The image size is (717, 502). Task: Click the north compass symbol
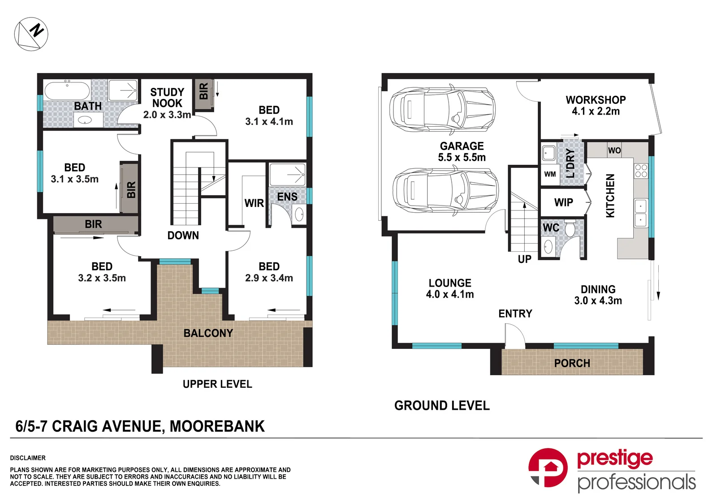click(31, 34)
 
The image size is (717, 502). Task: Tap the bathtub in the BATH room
click(67, 91)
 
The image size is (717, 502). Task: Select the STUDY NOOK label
click(167, 98)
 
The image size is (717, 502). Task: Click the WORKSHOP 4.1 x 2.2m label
click(596, 105)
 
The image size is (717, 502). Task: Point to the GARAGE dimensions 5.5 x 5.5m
click(462, 158)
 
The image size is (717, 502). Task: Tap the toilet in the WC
click(570, 228)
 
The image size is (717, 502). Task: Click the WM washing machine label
click(550, 174)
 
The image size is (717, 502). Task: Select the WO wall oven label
click(614, 150)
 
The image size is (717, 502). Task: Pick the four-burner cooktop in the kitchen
click(641, 171)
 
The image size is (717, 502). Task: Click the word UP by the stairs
click(524, 259)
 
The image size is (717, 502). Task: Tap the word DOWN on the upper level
click(183, 236)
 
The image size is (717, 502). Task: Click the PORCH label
click(572, 363)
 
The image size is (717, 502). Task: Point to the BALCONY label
click(208, 333)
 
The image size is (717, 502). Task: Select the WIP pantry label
click(563, 202)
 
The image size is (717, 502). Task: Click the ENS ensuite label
click(287, 197)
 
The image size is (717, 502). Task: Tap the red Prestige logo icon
click(548, 468)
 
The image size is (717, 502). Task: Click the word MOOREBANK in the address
click(217, 426)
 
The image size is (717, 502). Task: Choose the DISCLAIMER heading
click(28, 458)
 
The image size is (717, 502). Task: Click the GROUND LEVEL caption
click(442, 405)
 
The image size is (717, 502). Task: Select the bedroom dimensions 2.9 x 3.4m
click(269, 278)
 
